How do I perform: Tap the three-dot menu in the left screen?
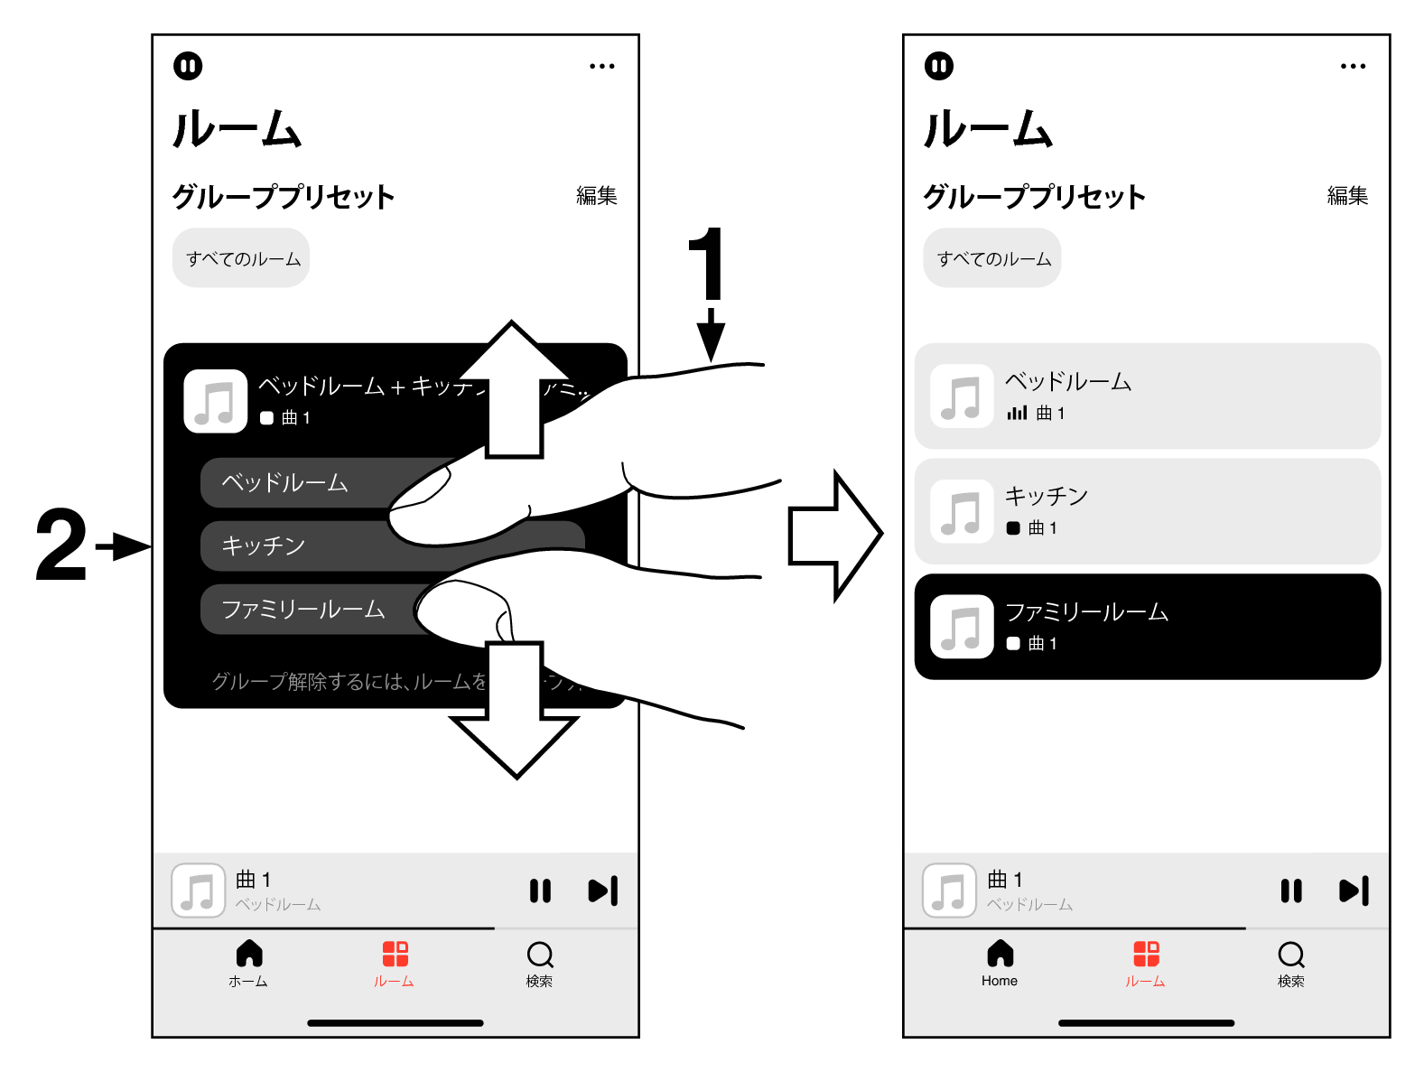pyautogui.click(x=601, y=66)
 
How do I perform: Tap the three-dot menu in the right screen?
pyautogui.click(x=1353, y=66)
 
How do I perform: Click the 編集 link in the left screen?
pyautogui.click(x=596, y=195)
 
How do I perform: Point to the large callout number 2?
pyautogui.click(x=61, y=545)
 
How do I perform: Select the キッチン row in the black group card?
pyautogui.click(x=289, y=545)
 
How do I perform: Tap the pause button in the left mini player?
pyautogui.click(x=540, y=891)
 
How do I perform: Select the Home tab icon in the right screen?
pyautogui.click(x=1000, y=954)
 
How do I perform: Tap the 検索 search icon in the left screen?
pyautogui.click(x=539, y=955)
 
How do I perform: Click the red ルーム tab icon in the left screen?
pyautogui.click(x=395, y=954)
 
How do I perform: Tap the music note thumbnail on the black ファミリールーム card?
pyautogui.click(x=962, y=627)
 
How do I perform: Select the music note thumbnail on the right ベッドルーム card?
pyautogui.click(x=962, y=396)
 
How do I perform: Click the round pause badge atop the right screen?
pyautogui.click(x=939, y=66)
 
